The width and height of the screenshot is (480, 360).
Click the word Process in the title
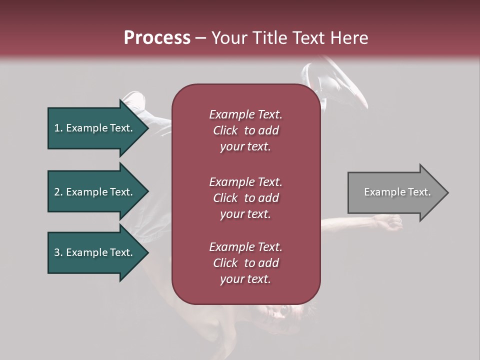(157, 38)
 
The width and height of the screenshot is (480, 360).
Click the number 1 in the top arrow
(57, 128)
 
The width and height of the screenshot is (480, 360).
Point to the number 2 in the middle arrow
(57, 192)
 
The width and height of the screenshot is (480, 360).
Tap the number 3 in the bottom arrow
(57, 252)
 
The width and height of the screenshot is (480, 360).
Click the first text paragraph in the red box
(245, 130)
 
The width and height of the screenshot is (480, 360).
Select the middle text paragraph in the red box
(245, 198)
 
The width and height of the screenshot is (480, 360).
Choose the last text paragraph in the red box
(245, 263)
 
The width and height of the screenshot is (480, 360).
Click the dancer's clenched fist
(390, 222)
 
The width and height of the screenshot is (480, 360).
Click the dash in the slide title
(200, 38)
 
